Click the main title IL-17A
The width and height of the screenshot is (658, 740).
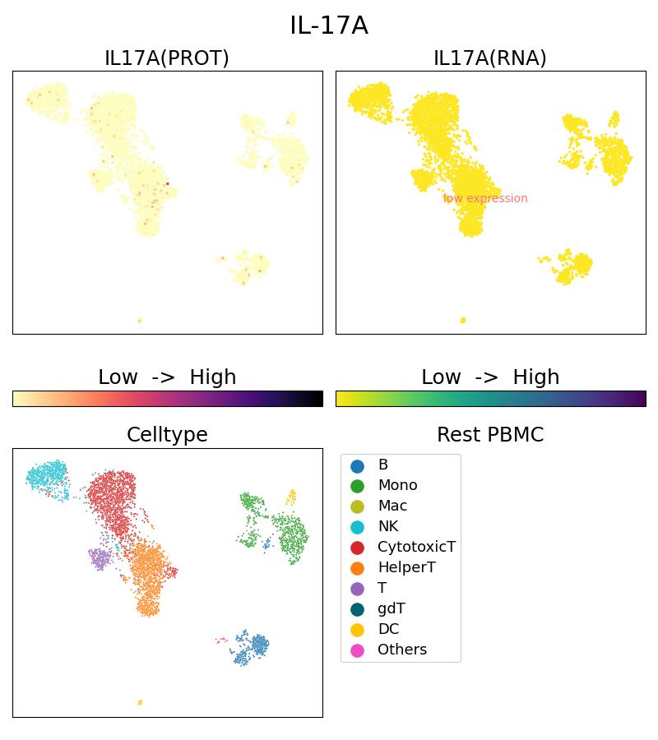[328, 26]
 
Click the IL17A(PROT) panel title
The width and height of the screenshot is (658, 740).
[167, 58]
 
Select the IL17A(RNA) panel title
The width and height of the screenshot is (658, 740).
[490, 58]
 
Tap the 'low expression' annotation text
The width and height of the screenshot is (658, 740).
[485, 198]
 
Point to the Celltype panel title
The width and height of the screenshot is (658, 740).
[167, 435]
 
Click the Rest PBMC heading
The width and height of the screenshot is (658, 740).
[490, 435]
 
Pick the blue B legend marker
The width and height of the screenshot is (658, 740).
[357, 465]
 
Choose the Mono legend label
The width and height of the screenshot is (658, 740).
[397, 485]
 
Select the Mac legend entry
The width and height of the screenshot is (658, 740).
[392, 506]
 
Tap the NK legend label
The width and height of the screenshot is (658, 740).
[387, 526]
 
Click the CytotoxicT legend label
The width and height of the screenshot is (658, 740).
[416, 547]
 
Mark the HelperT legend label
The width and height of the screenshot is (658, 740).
[406, 567]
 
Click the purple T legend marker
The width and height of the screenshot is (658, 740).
[357, 588]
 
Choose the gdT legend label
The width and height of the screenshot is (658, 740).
[391, 608]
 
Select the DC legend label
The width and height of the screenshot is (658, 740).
[388, 629]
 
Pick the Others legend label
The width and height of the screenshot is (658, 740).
[402, 650]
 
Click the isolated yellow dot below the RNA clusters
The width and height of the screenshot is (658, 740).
[463, 320]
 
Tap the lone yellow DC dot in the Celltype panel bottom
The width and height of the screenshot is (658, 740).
[140, 702]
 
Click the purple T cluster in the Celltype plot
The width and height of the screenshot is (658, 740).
[100, 558]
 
